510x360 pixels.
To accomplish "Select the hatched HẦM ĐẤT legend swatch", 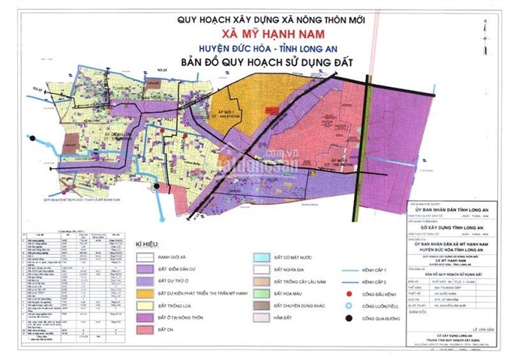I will pos(263,318).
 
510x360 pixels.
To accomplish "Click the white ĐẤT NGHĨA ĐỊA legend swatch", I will pos(263,269).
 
